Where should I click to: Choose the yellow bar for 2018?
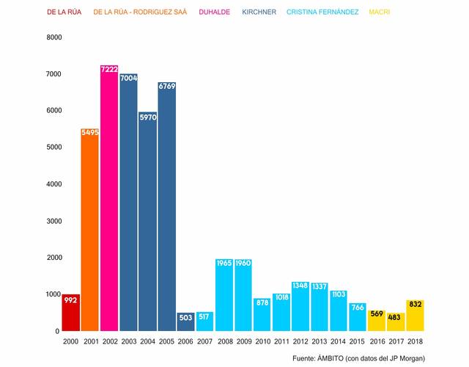(415, 316)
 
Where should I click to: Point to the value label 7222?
(109, 69)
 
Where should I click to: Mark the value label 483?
(396, 317)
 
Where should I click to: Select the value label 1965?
(224, 263)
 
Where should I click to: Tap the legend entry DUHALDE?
(215, 12)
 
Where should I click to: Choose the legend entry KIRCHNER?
(259, 12)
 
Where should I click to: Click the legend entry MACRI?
(379, 12)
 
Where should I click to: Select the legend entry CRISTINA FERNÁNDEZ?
(322, 12)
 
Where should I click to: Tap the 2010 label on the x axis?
(262, 342)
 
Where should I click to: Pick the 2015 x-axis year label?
(358, 342)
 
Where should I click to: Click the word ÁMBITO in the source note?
(333, 358)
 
